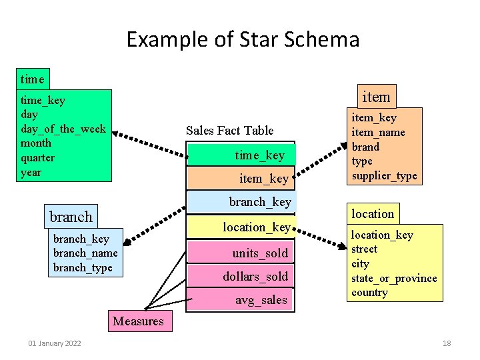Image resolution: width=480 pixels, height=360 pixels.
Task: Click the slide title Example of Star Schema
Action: (243, 39)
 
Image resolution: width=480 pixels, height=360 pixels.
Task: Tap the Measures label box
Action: (138, 321)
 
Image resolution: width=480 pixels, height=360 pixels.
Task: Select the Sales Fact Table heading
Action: (229, 130)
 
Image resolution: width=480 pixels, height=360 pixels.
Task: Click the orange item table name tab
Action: (375, 97)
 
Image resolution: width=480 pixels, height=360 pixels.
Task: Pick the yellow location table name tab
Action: (373, 213)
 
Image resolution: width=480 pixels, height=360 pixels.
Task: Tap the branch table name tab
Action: (71, 217)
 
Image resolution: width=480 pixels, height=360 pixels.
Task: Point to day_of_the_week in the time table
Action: (63, 129)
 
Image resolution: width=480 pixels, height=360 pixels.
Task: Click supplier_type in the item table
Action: (384, 176)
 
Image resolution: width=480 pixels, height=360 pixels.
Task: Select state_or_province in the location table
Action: (394, 278)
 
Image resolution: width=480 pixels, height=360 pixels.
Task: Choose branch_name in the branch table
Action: (85, 253)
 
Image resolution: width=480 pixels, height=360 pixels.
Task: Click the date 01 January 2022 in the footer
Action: (55, 343)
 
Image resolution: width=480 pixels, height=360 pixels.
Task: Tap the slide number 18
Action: (447, 343)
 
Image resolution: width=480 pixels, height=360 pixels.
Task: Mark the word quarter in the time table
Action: (38, 158)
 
